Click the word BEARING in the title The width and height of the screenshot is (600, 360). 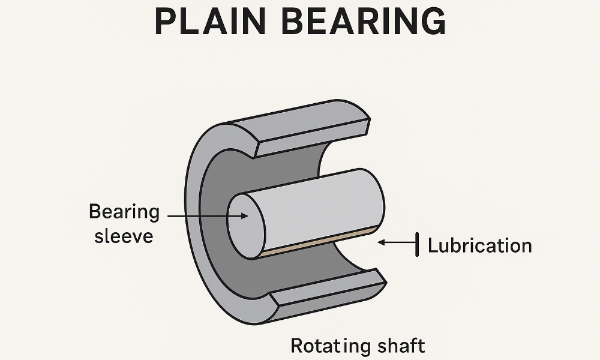coord(365,22)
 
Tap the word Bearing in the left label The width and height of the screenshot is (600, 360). coord(124,212)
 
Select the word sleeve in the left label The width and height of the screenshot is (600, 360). coord(124,235)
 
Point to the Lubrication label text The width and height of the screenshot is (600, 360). coord(479,245)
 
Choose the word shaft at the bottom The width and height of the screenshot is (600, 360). coord(401,346)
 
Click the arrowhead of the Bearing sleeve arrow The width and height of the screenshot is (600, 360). coord(244,215)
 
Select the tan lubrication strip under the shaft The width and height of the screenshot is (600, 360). coord(318,242)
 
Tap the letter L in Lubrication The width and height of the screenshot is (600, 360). coord(433,245)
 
